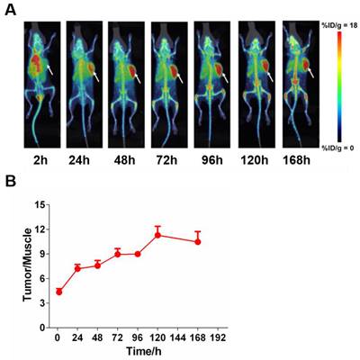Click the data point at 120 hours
[157, 235]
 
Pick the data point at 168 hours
[198, 241]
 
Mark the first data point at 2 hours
[58, 292]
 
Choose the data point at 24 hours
[77, 268]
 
